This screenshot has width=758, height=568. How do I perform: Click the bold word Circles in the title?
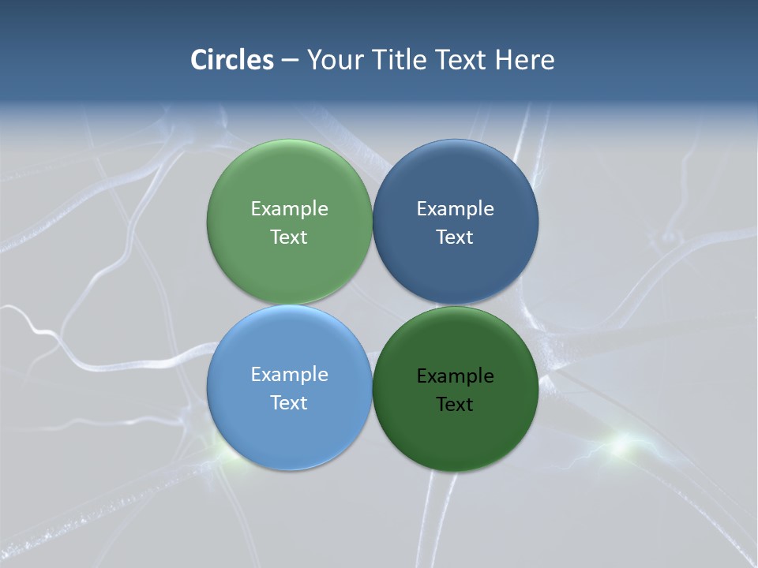pyautogui.click(x=232, y=60)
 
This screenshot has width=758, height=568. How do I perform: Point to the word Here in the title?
pyautogui.click(x=524, y=60)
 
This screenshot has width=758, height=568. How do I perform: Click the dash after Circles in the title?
pyautogui.click(x=290, y=61)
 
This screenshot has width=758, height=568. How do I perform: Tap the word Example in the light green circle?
pyautogui.click(x=289, y=208)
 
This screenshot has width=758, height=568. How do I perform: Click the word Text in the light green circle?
pyautogui.click(x=289, y=237)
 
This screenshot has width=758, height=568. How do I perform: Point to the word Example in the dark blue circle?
pyautogui.click(x=455, y=208)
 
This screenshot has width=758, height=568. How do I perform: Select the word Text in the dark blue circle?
pyautogui.click(x=455, y=237)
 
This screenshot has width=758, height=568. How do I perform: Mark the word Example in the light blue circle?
pyautogui.click(x=289, y=374)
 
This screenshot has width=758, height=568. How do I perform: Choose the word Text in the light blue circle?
pyautogui.click(x=289, y=402)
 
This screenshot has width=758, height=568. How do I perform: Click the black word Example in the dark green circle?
pyautogui.click(x=455, y=376)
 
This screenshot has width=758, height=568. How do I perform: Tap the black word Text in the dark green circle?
pyautogui.click(x=455, y=404)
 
